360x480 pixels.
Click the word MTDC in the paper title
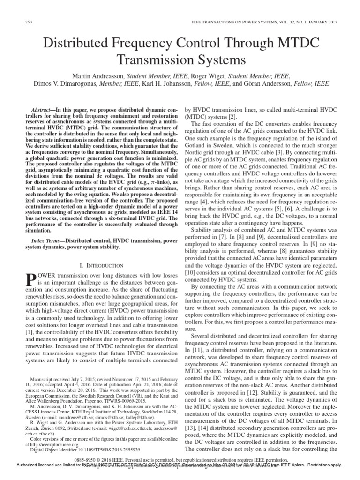292,44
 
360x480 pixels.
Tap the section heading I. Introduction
102,265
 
